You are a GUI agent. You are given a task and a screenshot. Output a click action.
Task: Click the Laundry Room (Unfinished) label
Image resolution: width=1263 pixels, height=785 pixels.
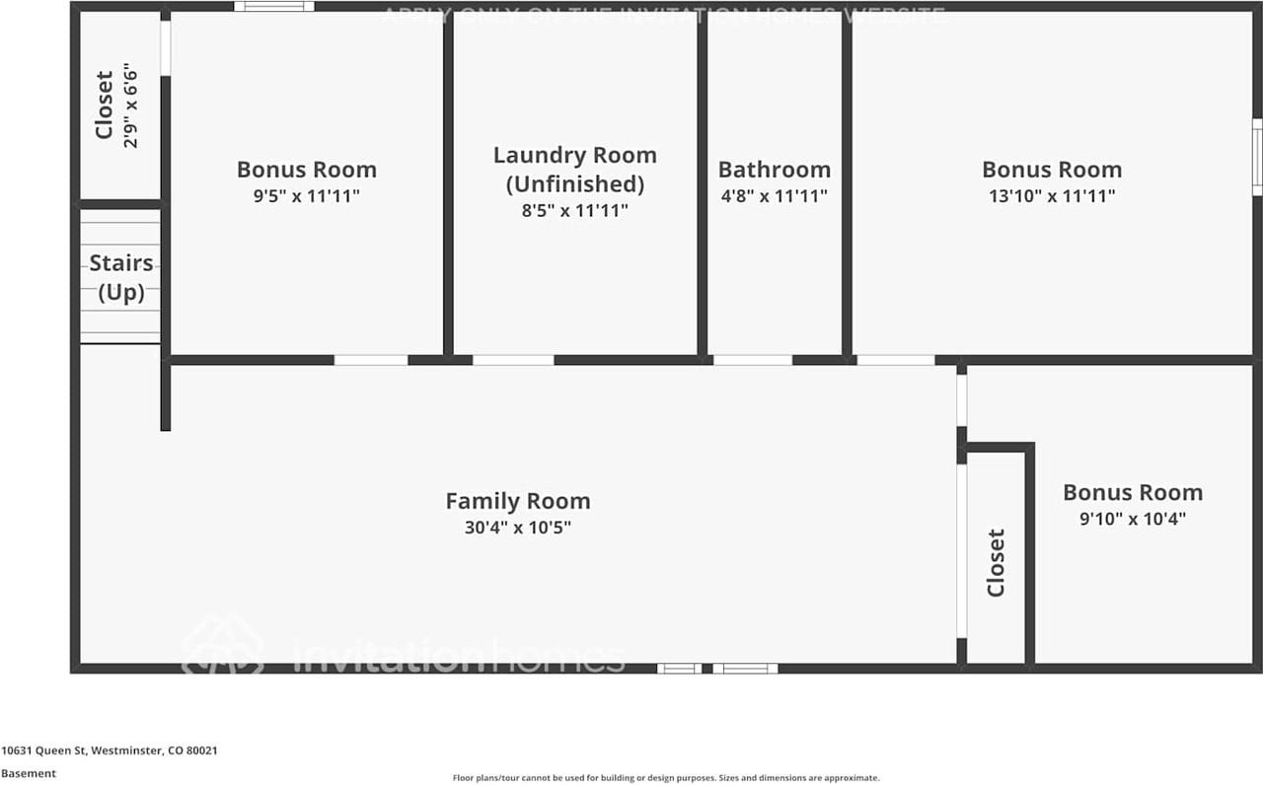pos(574,169)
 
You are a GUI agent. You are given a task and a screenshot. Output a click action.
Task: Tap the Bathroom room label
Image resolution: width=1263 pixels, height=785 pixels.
pos(774,170)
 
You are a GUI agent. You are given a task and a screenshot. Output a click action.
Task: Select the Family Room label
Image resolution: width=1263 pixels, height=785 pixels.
pos(518,501)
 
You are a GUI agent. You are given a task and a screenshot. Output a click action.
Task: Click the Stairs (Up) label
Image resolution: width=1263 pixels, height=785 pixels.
pos(121,277)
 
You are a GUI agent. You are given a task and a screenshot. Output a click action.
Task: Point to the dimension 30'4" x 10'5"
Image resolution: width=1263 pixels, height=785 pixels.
pos(518,528)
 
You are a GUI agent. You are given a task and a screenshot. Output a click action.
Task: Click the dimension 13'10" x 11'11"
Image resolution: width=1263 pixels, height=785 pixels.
pos(1052,196)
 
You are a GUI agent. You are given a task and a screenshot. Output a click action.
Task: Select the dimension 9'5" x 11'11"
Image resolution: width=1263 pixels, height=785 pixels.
pos(307,196)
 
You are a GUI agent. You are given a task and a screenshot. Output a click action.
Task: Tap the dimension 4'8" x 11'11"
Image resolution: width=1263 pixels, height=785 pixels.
pos(774,196)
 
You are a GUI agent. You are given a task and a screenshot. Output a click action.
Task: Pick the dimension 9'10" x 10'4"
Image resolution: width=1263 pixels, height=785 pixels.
pos(1133,519)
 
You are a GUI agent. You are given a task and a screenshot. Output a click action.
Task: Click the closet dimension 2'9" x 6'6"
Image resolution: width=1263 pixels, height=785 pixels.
pos(130,107)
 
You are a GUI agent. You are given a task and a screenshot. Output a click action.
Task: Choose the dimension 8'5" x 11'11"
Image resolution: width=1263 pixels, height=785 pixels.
pos(574,210)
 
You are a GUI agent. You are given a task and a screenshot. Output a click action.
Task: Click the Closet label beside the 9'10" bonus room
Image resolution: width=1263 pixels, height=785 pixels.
pos(996,563)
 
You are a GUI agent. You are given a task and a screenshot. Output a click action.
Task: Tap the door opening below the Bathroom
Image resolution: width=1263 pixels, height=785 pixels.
pos(752,360)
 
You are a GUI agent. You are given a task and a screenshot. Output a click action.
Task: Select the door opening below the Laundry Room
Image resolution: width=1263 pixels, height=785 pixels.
pos(513,360)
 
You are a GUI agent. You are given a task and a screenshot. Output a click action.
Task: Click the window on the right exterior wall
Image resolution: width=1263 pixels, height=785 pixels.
pos(1257,157)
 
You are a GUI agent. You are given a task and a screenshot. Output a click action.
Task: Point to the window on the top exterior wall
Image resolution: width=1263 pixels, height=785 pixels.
pos(274,7)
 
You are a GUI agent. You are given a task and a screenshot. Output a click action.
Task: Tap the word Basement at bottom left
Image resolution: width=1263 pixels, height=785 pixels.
pos(29,774)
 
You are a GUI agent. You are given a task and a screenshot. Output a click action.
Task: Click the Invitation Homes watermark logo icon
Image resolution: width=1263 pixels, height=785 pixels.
pos(222,647)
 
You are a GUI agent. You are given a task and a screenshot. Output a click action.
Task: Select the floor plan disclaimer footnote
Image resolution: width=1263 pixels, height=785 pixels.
pos(666,778)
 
